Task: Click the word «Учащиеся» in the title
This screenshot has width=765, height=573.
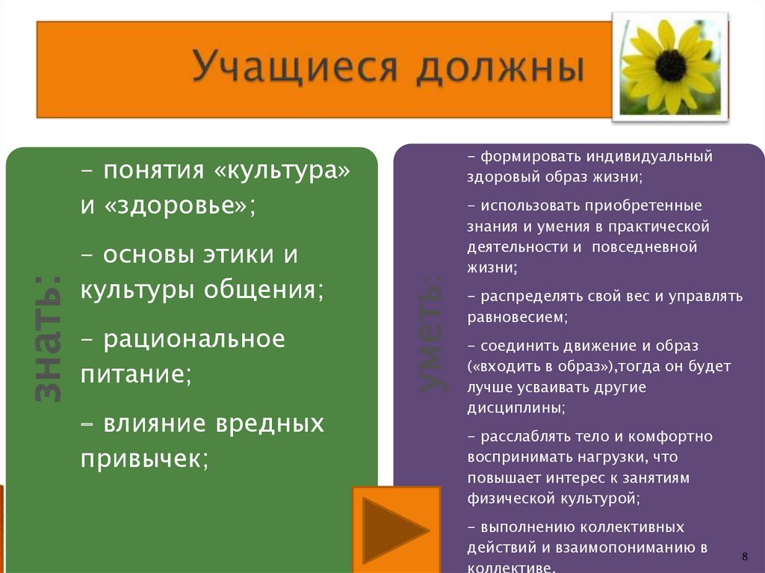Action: [294, 67]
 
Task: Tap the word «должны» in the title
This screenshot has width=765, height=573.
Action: [500, 68]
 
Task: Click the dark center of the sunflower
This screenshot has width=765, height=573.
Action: [671, 66]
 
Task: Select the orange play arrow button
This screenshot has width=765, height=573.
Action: [396, 530]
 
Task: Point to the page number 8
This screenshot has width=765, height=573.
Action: [745, 556]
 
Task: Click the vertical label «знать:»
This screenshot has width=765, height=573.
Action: [48, 338]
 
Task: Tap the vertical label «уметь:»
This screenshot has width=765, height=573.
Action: [432, 335]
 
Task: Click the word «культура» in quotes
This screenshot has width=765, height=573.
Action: [282, 171]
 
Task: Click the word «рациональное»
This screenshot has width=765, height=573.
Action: [194, 339]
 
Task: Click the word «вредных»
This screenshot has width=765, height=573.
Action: [270, 423]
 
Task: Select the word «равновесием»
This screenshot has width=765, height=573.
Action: [515, 318]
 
